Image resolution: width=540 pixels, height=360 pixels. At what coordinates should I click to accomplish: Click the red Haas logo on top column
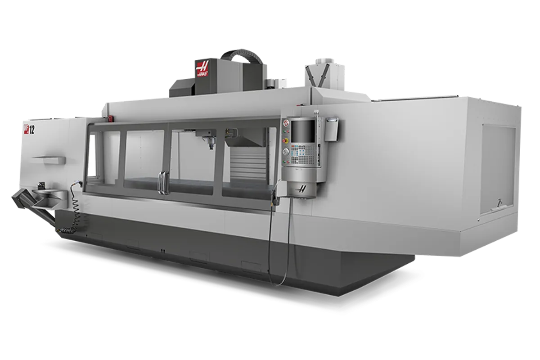click(202, 69)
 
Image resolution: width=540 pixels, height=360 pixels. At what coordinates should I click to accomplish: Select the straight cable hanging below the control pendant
click(272, 243)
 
